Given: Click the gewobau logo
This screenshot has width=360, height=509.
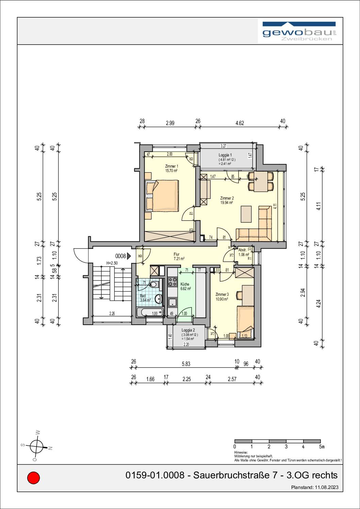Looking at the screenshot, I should coord(300,32).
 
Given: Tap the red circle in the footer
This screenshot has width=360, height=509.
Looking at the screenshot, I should coord(33,478).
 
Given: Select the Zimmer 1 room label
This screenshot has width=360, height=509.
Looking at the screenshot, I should coord(171,166).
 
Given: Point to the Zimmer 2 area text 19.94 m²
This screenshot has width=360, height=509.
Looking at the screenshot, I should coord(227,203).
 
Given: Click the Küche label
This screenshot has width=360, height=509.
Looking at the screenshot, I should coord(185,284).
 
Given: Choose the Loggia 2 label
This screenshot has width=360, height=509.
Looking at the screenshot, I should coord(188,330).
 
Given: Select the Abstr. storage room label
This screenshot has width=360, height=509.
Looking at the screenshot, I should coord(242,250).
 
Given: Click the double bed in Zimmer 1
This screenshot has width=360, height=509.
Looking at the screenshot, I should coord(162,196).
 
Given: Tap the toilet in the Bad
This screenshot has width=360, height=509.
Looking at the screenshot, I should coord(153,285).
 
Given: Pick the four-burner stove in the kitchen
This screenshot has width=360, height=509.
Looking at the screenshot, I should coord(173,282).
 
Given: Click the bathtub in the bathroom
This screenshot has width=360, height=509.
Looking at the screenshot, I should coord(150,313).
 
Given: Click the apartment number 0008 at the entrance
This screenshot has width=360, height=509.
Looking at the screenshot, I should coord(121,256).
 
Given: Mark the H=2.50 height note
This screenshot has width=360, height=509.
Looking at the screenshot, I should coord(112,263).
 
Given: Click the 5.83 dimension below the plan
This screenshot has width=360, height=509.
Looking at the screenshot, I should coord(186,364).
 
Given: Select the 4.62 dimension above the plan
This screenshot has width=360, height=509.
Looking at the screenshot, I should coord(240,123).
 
